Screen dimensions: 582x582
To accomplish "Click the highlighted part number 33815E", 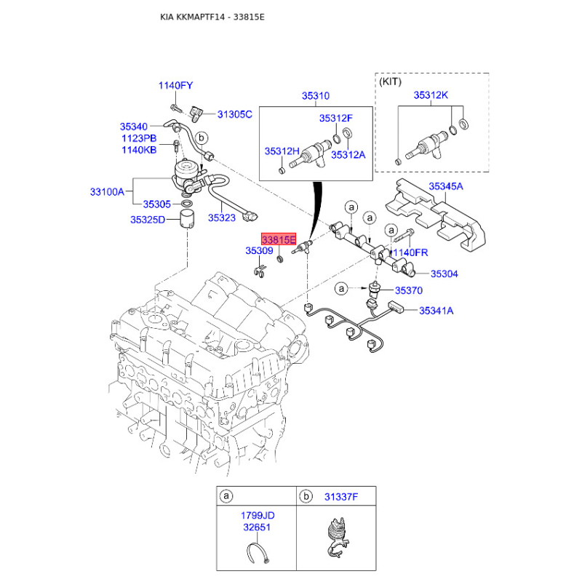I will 279,239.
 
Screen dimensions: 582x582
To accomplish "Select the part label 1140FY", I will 176,86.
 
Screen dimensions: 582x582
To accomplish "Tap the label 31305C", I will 235,114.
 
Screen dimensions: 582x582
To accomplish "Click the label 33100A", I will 107,192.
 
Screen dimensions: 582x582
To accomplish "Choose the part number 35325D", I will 148,220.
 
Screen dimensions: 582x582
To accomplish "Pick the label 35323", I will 222,216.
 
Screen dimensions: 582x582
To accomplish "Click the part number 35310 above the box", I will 316,95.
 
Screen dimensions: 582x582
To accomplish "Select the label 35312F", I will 335,118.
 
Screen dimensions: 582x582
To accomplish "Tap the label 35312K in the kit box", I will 431,95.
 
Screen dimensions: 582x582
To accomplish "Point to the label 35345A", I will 445,187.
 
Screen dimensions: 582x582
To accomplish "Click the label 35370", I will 408,290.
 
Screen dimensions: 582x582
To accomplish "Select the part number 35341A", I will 436,311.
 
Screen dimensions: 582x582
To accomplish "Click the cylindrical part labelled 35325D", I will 188,219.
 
